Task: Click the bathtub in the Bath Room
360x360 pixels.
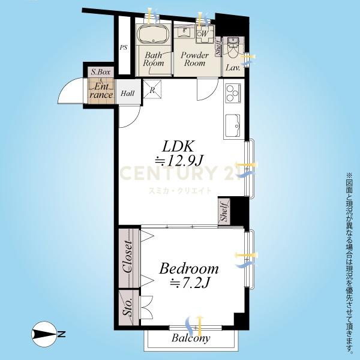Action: [x=153, y=34]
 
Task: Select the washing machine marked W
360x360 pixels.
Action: [x=205, y=34]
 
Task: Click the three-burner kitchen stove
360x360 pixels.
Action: [x=233, y=93]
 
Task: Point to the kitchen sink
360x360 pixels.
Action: [x=233, y=125]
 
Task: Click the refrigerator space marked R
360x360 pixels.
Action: [x=152, y=89]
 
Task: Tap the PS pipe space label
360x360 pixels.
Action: [x=124, y=47]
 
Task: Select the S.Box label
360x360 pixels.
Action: [x=101, y=72]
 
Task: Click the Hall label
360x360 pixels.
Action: [x=128, y=94]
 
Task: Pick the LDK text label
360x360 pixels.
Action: [x=178, y=146]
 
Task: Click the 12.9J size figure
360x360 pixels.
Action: [x=179, y=161]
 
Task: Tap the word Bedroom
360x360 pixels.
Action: [x=189, y=269]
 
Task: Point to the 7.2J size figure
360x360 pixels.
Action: [x=190, y=283]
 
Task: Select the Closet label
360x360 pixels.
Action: [x=128, y=256]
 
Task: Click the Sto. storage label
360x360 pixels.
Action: [x=128, y=307]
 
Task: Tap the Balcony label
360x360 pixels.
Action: [x=191, y=338]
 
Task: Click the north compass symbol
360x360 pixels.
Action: [x=44, y=334]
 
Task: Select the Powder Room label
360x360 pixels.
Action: [x=194, y=59]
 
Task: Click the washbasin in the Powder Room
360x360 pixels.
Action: [x=184, y=32]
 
